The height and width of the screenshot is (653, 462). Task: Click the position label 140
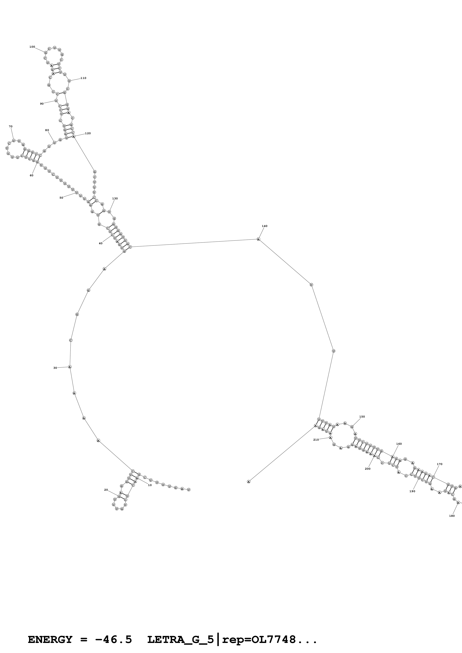pyautogui.click(x=264, y=226)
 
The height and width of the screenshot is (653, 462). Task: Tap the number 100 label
pyautogui.click(x=32, y=47)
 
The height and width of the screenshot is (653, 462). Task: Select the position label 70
pyautogui.click(x=11, y=127)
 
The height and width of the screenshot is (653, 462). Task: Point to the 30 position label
pyautogui.click(x=55, y=368)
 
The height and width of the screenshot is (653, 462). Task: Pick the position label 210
pyautogui.click(x=316, y=440)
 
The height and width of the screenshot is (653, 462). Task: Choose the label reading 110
pyautogui.click(x=83, y=78)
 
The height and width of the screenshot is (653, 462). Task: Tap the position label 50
pyautogui.click(x=61, y=198)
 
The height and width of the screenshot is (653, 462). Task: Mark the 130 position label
pyautogui.click(x=115, y=198)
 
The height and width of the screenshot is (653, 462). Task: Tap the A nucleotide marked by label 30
pyautogui.click(x=70, y=367)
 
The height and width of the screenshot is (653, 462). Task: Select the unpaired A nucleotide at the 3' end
pyautogui.click(x=248, y=482)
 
